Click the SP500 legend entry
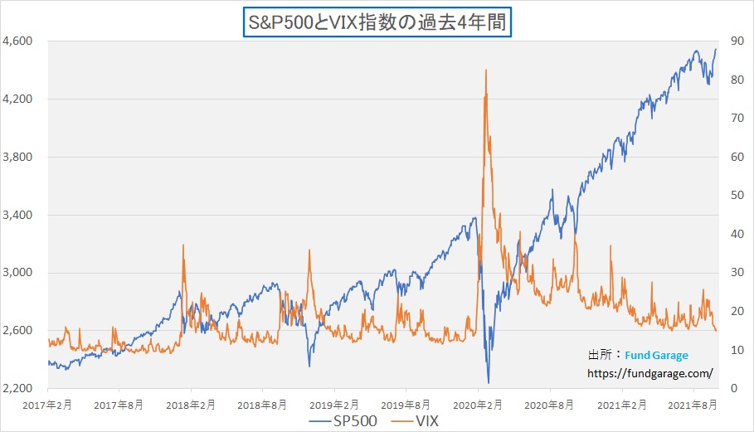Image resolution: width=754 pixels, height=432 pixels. click(x=344, y=421)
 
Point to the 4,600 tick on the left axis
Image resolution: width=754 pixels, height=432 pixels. click(x=17, y=41)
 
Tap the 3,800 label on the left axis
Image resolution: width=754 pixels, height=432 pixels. click(x=17, y=157)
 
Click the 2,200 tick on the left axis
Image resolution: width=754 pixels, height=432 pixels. click(x=17, y=388)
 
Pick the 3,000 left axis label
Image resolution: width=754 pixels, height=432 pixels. click(x=17, y=273)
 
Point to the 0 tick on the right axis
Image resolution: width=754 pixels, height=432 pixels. click(x=733, y=388)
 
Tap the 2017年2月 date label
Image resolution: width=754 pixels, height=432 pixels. click(x=47, y=405)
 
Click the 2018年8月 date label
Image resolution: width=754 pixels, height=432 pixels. click(x=263, y=405)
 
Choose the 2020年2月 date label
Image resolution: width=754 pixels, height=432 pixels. click(x=479, y=405)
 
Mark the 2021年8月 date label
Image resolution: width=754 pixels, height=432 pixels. click(x=693, y=405)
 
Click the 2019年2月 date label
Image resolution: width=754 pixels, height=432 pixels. click(x=334, y=405)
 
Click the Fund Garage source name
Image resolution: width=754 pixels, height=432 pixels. click(x=656, y=355)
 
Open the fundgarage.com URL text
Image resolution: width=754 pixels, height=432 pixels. click(x=650, y=373)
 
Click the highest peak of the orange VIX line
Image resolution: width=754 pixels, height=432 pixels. click(x=485, y=70)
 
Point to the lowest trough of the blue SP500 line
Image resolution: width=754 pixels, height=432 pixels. click(x=489, y=383)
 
